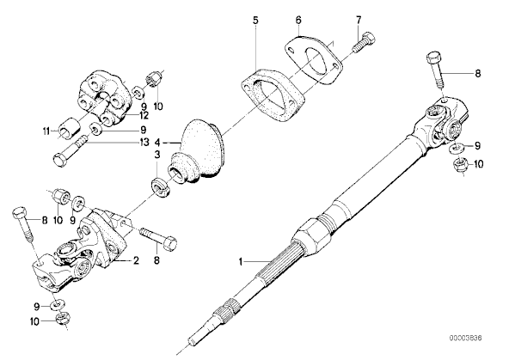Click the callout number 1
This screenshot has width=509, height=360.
[x=241, y=261]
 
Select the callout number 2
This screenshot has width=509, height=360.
[x=136, y=260]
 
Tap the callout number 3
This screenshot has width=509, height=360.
[x=157, y=155]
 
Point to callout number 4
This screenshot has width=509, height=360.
[x=157, y=143]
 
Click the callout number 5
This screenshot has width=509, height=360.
[x=256, y=21]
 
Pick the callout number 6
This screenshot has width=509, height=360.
[x=298, y=20]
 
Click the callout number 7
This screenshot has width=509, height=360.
[x=359, y=20]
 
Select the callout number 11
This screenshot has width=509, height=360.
[x=46, y=131]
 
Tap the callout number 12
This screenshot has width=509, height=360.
[x=143, y=115]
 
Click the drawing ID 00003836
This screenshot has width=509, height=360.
[x=465, y=339]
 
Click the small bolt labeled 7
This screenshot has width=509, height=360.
[x=364, y=43]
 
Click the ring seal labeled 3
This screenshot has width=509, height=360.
[x=160, y=188]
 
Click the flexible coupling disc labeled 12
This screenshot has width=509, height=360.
[x=104, y=98]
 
